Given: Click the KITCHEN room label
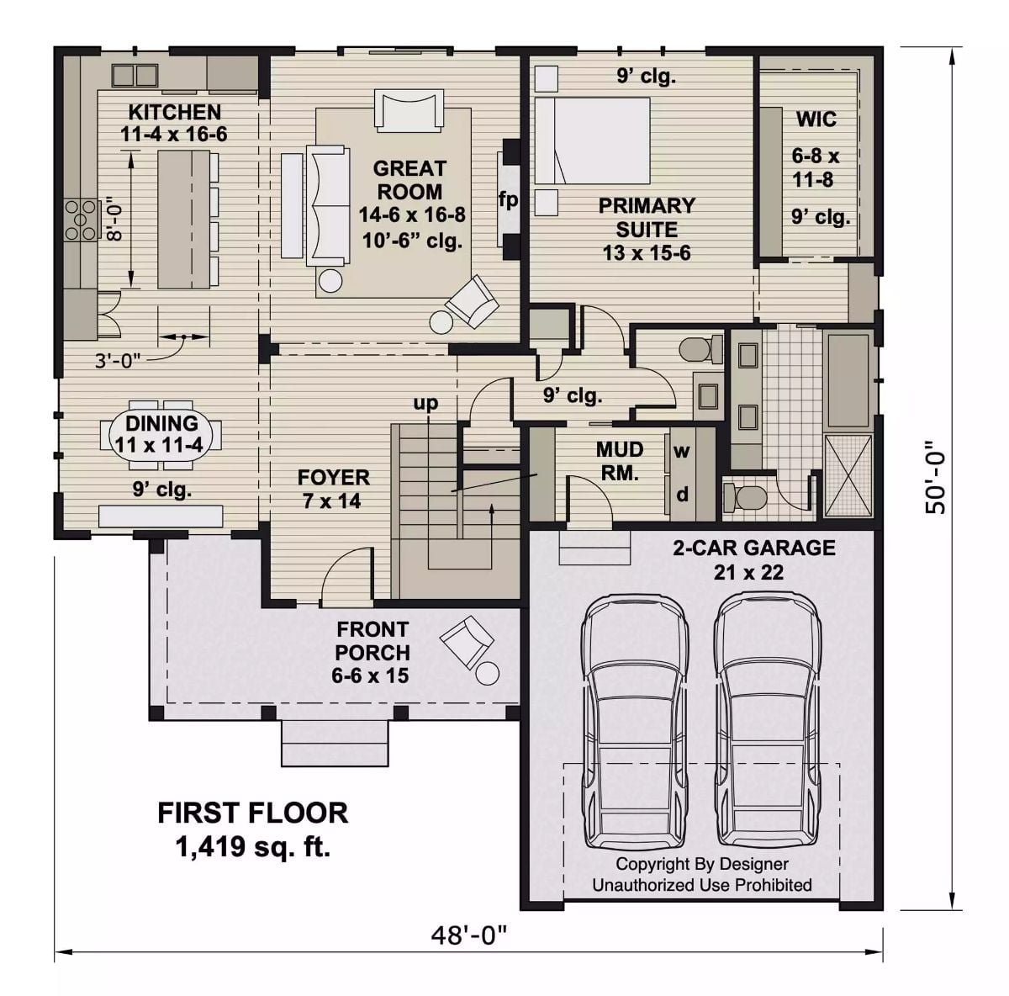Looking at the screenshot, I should (x=174, y=112).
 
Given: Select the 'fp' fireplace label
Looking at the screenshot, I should (x=508, y=199).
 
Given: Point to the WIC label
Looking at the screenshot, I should (x=816, y=119).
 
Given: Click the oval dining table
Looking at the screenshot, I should (x=161, y=434).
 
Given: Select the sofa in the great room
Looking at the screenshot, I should (x=327, y=204).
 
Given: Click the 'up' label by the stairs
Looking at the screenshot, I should (x=425, y=403).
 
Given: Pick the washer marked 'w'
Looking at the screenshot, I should (x=681, y=451).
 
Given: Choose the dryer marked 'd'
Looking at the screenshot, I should (x=682, y=495).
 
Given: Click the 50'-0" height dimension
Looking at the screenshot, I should (x=935, y=478).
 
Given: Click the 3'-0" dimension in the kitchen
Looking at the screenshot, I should (x=118, y=360).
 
